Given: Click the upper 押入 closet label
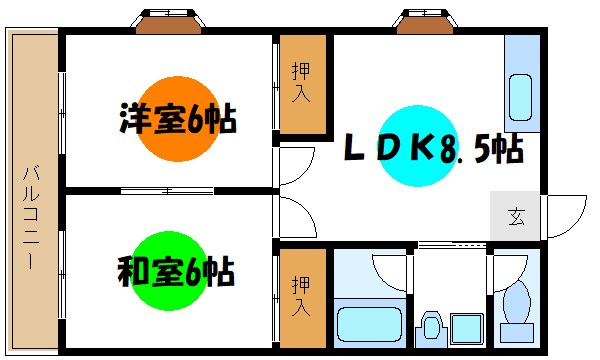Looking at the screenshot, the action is click(x=301, y=85).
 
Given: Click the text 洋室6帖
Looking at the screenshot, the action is click(x=177, y=121).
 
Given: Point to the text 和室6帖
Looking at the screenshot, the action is click(x=177, y=271).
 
